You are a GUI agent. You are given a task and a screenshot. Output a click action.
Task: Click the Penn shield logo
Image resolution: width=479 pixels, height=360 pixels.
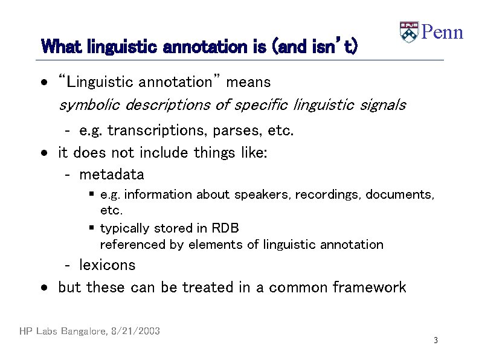tap(409, 32)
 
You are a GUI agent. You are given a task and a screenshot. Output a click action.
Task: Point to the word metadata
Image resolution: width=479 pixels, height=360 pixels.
tap(112, 175)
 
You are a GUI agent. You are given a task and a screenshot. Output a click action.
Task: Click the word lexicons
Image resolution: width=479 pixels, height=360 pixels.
tap(107, 265)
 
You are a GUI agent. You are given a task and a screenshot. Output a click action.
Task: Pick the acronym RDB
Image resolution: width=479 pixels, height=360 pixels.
tap(225, 228)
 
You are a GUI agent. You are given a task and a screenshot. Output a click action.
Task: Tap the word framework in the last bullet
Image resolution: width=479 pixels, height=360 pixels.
tap(369, 288)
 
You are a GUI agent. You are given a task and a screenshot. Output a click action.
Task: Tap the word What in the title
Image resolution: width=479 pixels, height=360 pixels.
tap(62, 47)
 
